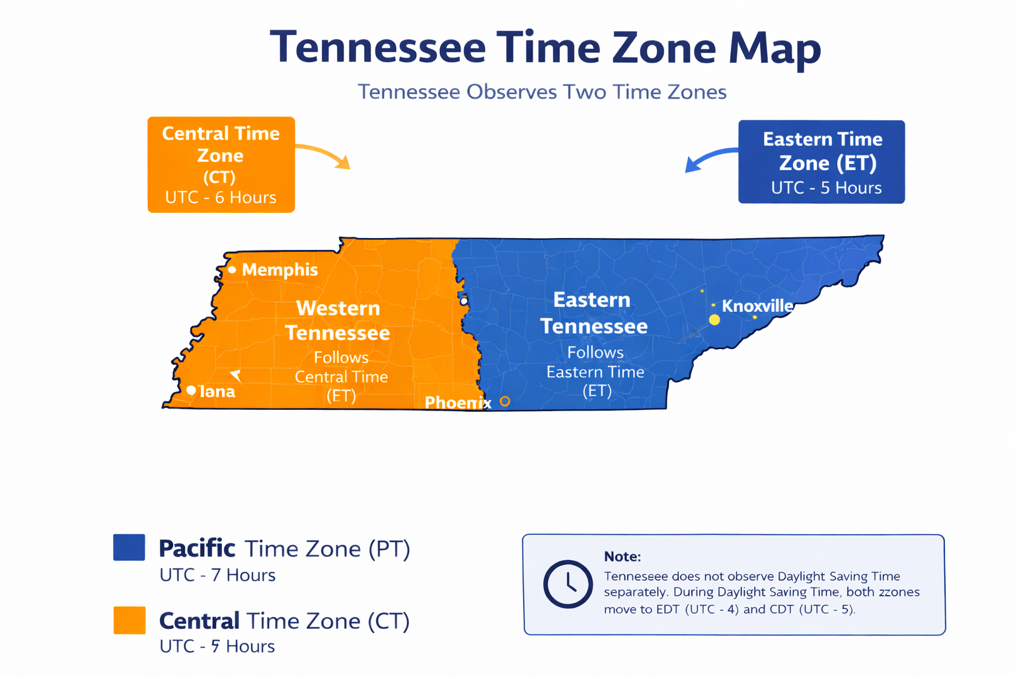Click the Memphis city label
pyautogui.click(x=280, y=270)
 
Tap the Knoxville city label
pyautogui.click(x=757, y=306)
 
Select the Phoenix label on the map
pyautogui.click(x=457, y=403)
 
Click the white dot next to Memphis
pyautogui.click(x=232, y=270)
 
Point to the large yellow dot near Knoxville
pyautogui.click(x=714, y=320)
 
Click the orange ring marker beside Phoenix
pyautogui.click(x=505, y=401)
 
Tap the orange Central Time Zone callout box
pyautogui.click(x=221, y=165)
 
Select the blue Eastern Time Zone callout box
pyautogui.click(x=821, y=162)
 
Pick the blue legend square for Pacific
pyautogui.click(x=129, y=547)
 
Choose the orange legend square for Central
pyautogui.click(x=129, y=620)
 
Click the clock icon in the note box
pyautogui.click(x=568, y=584)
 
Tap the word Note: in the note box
pyautogui.click(x=622, y=557)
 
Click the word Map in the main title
pyautogui.click(x=774, y=49)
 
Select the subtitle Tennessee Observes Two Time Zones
pyautogui.click(x=542, y=92)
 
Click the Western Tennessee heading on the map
pyautogui.click(x=338, y=321)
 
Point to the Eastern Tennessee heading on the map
pyautogui.click(x=593, y=313)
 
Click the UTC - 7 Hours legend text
pyautogui.click(x=217, y=575)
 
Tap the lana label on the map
pyautogui.click(x=217, y=391)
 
